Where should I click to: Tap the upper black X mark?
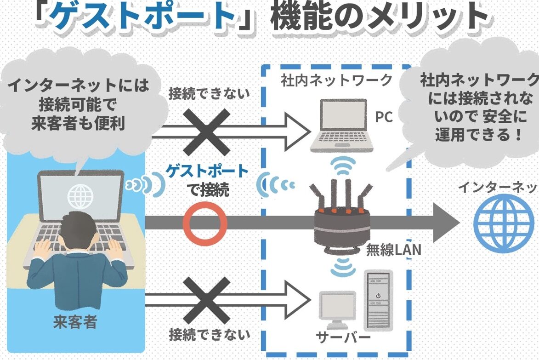[x=206, y=132]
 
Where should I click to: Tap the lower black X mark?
[x=206, y=300]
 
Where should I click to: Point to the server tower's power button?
[x=378, y=295]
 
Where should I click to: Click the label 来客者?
[x=75, y=322]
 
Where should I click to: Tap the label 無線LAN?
[x=394, y=250]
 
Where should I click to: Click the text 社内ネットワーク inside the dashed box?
[x=336, y=80]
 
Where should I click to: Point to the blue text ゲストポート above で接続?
[x=207, y=171]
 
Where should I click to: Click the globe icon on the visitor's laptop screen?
[x=80, y=196]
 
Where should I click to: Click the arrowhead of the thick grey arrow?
[x=446, y=223]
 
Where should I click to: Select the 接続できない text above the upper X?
[x=209, y=93]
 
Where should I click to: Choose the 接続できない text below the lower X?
[x=209, y=334]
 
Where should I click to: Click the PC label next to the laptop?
[x=384, y=117]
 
